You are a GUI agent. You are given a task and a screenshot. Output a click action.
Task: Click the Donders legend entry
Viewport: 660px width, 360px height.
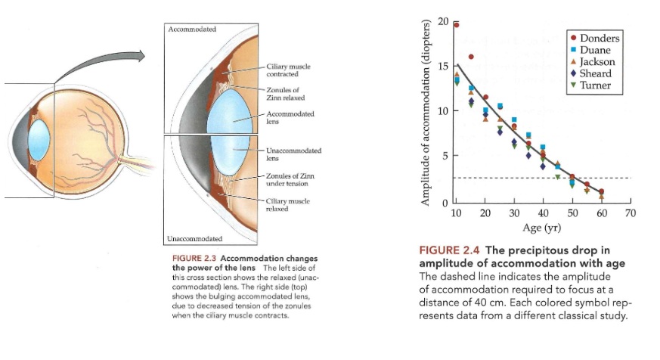(599, 38)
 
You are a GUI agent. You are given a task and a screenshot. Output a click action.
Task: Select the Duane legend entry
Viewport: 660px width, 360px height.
(596, 50)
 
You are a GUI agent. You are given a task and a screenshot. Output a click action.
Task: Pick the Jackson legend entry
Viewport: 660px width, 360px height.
(597, 61)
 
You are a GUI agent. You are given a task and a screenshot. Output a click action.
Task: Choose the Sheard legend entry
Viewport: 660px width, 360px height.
(596, 73)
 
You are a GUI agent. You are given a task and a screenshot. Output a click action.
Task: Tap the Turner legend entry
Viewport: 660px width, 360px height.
(596, 85)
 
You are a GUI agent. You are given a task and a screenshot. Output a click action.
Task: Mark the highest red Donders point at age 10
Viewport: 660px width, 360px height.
(456, 25)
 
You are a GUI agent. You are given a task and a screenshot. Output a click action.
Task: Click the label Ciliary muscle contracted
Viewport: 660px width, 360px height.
(283, 71)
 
